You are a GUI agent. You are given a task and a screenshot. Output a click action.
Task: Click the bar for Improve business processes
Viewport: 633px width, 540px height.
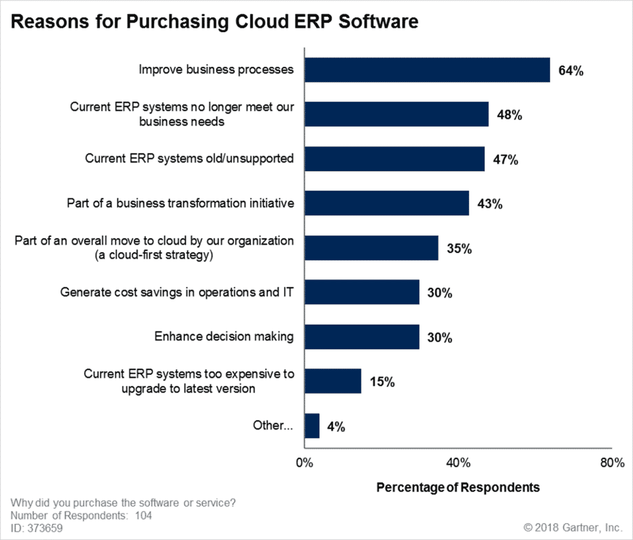point(427,70)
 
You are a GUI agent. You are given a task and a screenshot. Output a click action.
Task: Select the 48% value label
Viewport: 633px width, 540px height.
point(509,115)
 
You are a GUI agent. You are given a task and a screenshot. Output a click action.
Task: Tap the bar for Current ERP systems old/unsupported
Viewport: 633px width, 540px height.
point(395,159)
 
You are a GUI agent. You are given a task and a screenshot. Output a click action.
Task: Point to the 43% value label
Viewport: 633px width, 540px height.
point(490,204)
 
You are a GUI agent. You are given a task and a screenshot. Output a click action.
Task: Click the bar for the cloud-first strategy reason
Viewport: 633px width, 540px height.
point(371,248)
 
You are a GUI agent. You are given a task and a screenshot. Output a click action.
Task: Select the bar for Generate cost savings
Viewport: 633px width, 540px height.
point(362,292)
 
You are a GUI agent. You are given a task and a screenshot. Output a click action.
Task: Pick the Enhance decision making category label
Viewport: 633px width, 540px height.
point(224,336)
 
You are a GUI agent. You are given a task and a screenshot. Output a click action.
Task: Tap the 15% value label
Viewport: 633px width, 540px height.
point(382,382)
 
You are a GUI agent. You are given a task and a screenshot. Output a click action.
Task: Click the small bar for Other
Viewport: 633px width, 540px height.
point(312,426)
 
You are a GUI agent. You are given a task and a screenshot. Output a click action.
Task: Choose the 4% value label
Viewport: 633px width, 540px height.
point(336,427)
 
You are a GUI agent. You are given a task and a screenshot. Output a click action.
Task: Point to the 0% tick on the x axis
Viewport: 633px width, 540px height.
point(304,463)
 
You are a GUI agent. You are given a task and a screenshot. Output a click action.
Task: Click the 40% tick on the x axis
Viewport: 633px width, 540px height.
point(458,463)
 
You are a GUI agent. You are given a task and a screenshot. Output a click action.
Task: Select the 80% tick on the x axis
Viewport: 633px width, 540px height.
point(612,463)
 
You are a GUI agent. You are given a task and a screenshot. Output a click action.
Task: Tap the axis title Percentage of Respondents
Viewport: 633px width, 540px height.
point(458,487)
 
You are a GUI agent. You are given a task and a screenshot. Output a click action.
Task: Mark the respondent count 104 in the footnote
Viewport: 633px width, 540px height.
point(143,516)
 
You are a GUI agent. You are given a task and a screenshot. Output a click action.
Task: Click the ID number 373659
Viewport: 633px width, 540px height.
point(45,528)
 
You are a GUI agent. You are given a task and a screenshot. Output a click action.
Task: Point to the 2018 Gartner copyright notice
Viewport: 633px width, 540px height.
point(573,528)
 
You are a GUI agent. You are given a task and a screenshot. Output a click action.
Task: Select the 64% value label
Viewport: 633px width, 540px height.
point(571,71)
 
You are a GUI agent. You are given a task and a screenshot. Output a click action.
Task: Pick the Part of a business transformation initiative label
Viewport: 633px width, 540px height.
point(180,203)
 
